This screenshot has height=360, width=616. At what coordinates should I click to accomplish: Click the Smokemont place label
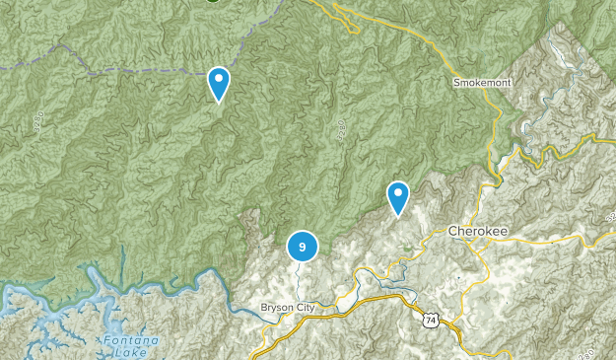[482, 83]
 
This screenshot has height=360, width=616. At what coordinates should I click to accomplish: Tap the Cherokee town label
[478, 230]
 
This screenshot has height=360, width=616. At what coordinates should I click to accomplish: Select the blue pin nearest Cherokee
[397, 196]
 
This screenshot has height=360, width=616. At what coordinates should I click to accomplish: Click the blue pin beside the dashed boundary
[219, 83]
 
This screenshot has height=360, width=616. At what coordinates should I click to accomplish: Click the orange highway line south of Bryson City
[296, 329]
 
